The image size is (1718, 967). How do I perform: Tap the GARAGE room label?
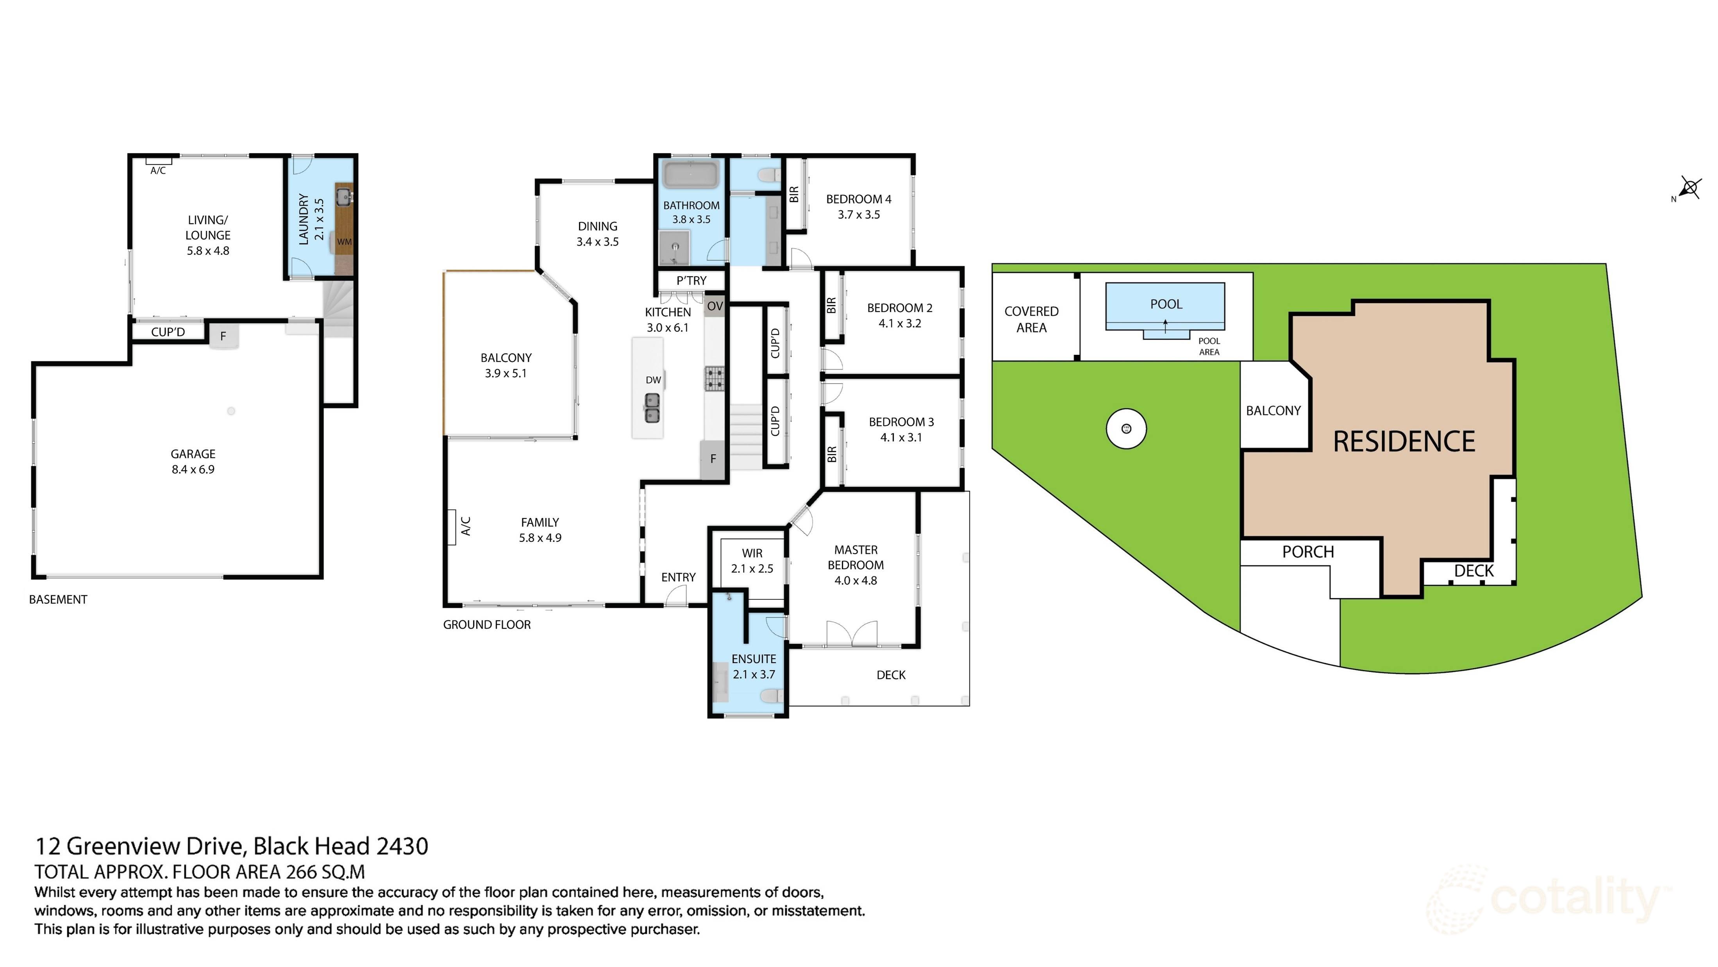click(193, 454)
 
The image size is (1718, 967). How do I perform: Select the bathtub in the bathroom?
click(691, 174)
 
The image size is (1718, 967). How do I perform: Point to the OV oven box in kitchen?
click(714, 306)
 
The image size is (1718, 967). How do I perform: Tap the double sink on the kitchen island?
click(652, 408)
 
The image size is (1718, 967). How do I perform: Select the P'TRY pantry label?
click(691, 281)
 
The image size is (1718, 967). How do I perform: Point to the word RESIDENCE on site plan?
click(1404, 441)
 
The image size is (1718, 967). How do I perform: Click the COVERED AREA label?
click(1031, 320)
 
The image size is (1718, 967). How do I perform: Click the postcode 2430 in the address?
click(402, 846)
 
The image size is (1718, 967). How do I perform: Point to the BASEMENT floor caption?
click(58, 599)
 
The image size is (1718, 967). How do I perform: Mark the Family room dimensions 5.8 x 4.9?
click(540, 538)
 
